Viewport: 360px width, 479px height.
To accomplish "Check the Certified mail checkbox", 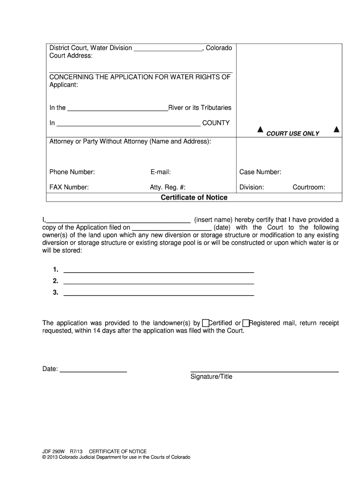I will tap(205, 323).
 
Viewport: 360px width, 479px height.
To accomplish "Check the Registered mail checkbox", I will tap(246, 323).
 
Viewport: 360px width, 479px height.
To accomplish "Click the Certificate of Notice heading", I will tap(194, 197).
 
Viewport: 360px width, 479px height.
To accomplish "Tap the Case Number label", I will tap(260, 172).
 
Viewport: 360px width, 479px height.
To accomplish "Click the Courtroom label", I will tap(309, 188).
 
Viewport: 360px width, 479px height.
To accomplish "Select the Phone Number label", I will tap(72, 172).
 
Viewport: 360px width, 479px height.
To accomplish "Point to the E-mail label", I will tap(160, 172).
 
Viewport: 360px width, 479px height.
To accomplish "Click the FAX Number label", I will tap(69, 188).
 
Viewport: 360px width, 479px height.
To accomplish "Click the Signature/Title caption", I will tap(211, 377).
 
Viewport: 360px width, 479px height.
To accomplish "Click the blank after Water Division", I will tap(168, 48).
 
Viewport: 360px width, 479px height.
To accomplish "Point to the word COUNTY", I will tap(216, 123).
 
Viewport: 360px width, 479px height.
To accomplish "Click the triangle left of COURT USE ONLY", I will tap(260, 130).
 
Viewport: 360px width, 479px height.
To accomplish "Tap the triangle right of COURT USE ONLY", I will tap(336, 130).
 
